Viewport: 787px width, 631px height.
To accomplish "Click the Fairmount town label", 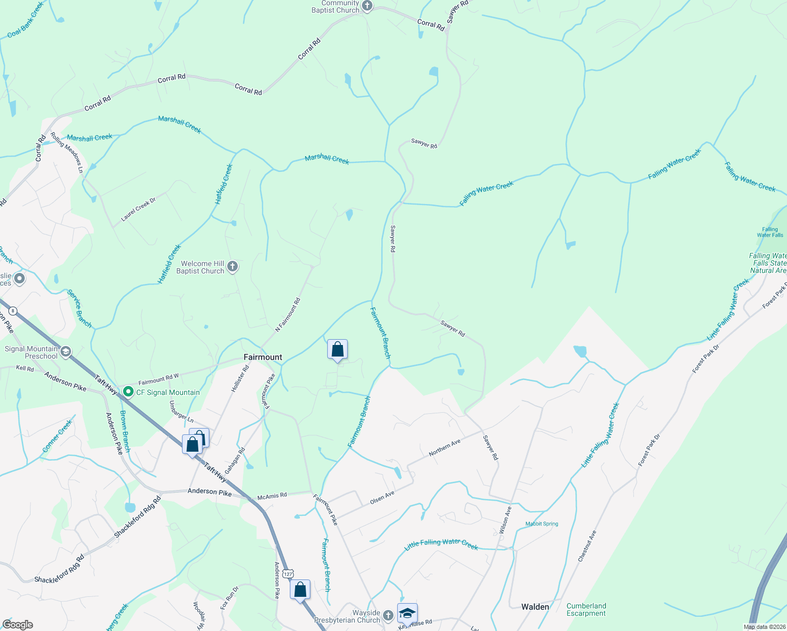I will click(263, 357).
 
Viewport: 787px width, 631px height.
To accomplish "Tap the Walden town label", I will click(535, 607).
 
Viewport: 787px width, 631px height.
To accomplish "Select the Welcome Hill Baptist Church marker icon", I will click(233, 267).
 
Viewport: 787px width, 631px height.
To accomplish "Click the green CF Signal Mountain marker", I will click(127, 392).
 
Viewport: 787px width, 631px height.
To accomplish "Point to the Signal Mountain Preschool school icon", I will click(66, 352).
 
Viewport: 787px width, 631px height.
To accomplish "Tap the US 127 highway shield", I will click(287, 574).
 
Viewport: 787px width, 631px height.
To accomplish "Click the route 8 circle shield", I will click(13, 311).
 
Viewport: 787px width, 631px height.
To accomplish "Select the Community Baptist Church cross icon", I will click(367, 6).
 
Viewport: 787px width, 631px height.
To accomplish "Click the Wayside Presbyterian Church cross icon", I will click(388, 615).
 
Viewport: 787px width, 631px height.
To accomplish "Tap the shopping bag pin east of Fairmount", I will click(337, 350).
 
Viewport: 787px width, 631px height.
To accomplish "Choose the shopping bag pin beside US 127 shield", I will click(300, 590).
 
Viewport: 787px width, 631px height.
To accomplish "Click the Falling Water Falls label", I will click(770, 232).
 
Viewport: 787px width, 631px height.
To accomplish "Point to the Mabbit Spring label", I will click(541, 524).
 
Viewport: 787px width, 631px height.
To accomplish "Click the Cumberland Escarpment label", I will click(586, 609).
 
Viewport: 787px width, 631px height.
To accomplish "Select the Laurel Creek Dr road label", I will click(138, 209).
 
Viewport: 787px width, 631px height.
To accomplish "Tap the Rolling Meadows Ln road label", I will click(67, 152).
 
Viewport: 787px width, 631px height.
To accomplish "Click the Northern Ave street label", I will click(445, 447).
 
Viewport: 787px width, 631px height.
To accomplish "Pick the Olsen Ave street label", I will click(382, 497).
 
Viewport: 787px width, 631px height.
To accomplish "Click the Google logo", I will click(18, 625).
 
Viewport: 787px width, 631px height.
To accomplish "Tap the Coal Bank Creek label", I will click(25, 21).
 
